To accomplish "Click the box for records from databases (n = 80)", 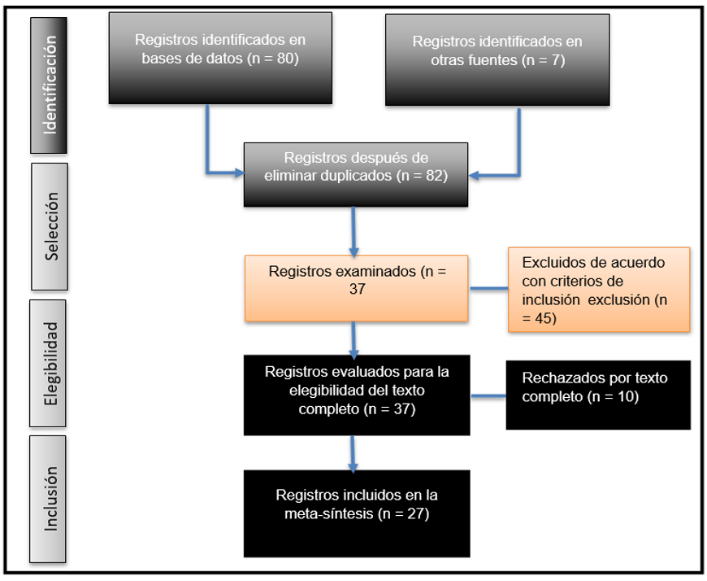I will (220, 58).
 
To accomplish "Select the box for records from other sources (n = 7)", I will (497, 59).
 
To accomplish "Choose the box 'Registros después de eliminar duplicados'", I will (356, 173).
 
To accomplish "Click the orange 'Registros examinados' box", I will (356, 289).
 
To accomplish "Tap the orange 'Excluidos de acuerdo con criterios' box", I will (599, 290).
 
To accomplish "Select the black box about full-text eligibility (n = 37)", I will (356, 395).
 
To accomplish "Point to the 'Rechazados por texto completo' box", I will (597, 395).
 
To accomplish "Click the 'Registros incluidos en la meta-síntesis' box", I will (356, 513).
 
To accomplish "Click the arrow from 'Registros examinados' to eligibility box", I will (354, 339).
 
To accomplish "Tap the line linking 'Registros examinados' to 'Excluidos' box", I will (488, 287).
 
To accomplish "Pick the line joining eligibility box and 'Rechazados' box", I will (488, 397).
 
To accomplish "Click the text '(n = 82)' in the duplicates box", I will (421, 176).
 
